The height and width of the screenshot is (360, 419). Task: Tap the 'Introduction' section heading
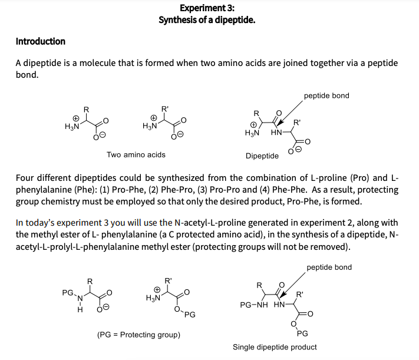pos(40,41)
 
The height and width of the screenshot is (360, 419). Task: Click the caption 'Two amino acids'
pos(136,155)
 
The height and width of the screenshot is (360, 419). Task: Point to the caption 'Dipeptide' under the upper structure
pos(262,156)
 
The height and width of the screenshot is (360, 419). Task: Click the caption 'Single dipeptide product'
pos(275,347)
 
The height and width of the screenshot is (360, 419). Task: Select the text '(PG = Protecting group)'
pos(138,335)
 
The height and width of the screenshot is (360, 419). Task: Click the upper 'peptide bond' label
pos(326,95)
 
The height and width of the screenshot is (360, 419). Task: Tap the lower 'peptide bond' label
pos(329,267)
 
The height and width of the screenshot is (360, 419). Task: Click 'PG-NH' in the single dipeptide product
pos(255,306)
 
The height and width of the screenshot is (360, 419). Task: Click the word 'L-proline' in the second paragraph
pos(338,178)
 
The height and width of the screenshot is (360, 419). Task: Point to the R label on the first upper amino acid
pos(86,108)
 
